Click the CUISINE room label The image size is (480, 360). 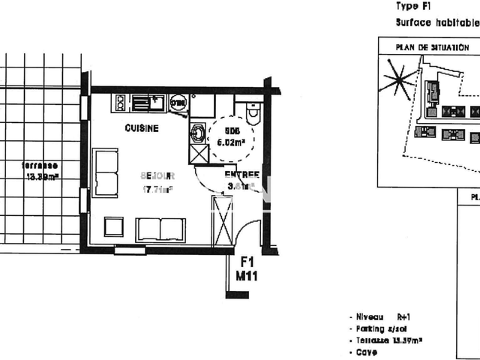tap(142, 128)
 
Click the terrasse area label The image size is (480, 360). tap(40, 170)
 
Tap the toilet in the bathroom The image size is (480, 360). tap(253, 113)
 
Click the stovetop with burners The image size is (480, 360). tap(121, 101)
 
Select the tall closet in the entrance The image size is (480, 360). tap(223, 220)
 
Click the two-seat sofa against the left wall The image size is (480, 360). tap(105, 172)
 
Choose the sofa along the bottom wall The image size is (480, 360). tap(160, 229)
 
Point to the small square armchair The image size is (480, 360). tap(114, 227)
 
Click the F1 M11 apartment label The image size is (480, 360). tap(247, 269)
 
